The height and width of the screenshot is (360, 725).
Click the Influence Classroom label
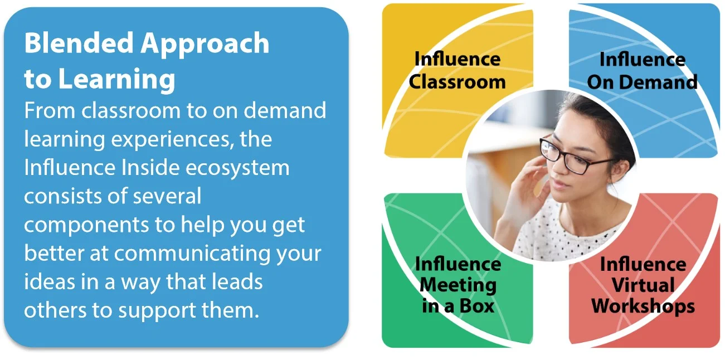click(458, 70)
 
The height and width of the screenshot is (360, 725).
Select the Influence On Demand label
click(642, 71)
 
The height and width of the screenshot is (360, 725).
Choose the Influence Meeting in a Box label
click(458, 284)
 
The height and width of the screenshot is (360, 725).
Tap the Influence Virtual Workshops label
click(643, 284)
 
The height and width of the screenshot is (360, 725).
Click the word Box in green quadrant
click(476, 306)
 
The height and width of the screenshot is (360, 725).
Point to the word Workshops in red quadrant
click(643, 306)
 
